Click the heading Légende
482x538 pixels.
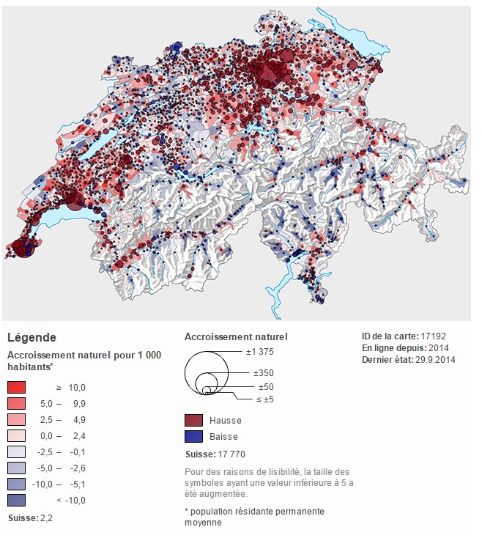[x=31, y=338]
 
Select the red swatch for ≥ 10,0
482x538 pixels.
[x=17, y=387]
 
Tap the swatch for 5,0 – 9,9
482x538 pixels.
[x=17, y=403]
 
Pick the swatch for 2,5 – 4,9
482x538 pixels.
[x=17, y=419]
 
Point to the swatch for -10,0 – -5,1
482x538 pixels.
[x=17, y=484]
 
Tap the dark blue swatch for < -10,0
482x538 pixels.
[x=17, y=500]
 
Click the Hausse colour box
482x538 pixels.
[x=194, y=421]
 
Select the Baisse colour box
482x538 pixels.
[x=194, y=437]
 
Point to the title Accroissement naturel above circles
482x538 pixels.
[x=236, y=337]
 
